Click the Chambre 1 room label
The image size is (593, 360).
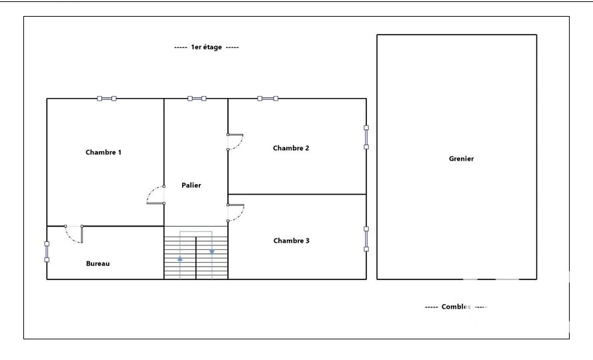pos(103,153)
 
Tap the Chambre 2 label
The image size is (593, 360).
pos(291,148)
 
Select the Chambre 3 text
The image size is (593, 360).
pos(291,241)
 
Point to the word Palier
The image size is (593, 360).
pos(191,185)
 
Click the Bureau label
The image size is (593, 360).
pos(98,263)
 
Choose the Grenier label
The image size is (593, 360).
pos(462,159)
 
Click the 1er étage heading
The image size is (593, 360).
pos(207,47)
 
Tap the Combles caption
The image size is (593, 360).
pos(456,307)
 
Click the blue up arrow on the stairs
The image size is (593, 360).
pos(180,259)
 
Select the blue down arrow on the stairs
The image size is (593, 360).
pos(212,251)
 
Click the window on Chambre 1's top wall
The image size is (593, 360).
pos(107,99)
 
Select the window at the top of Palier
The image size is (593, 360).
pos(197,99)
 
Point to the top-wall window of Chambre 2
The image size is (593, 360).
pos(267,99)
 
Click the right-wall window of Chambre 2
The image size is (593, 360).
pos(366,137)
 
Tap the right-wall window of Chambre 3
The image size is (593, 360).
pos(366,239)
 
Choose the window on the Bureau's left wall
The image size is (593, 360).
pos(47,252)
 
